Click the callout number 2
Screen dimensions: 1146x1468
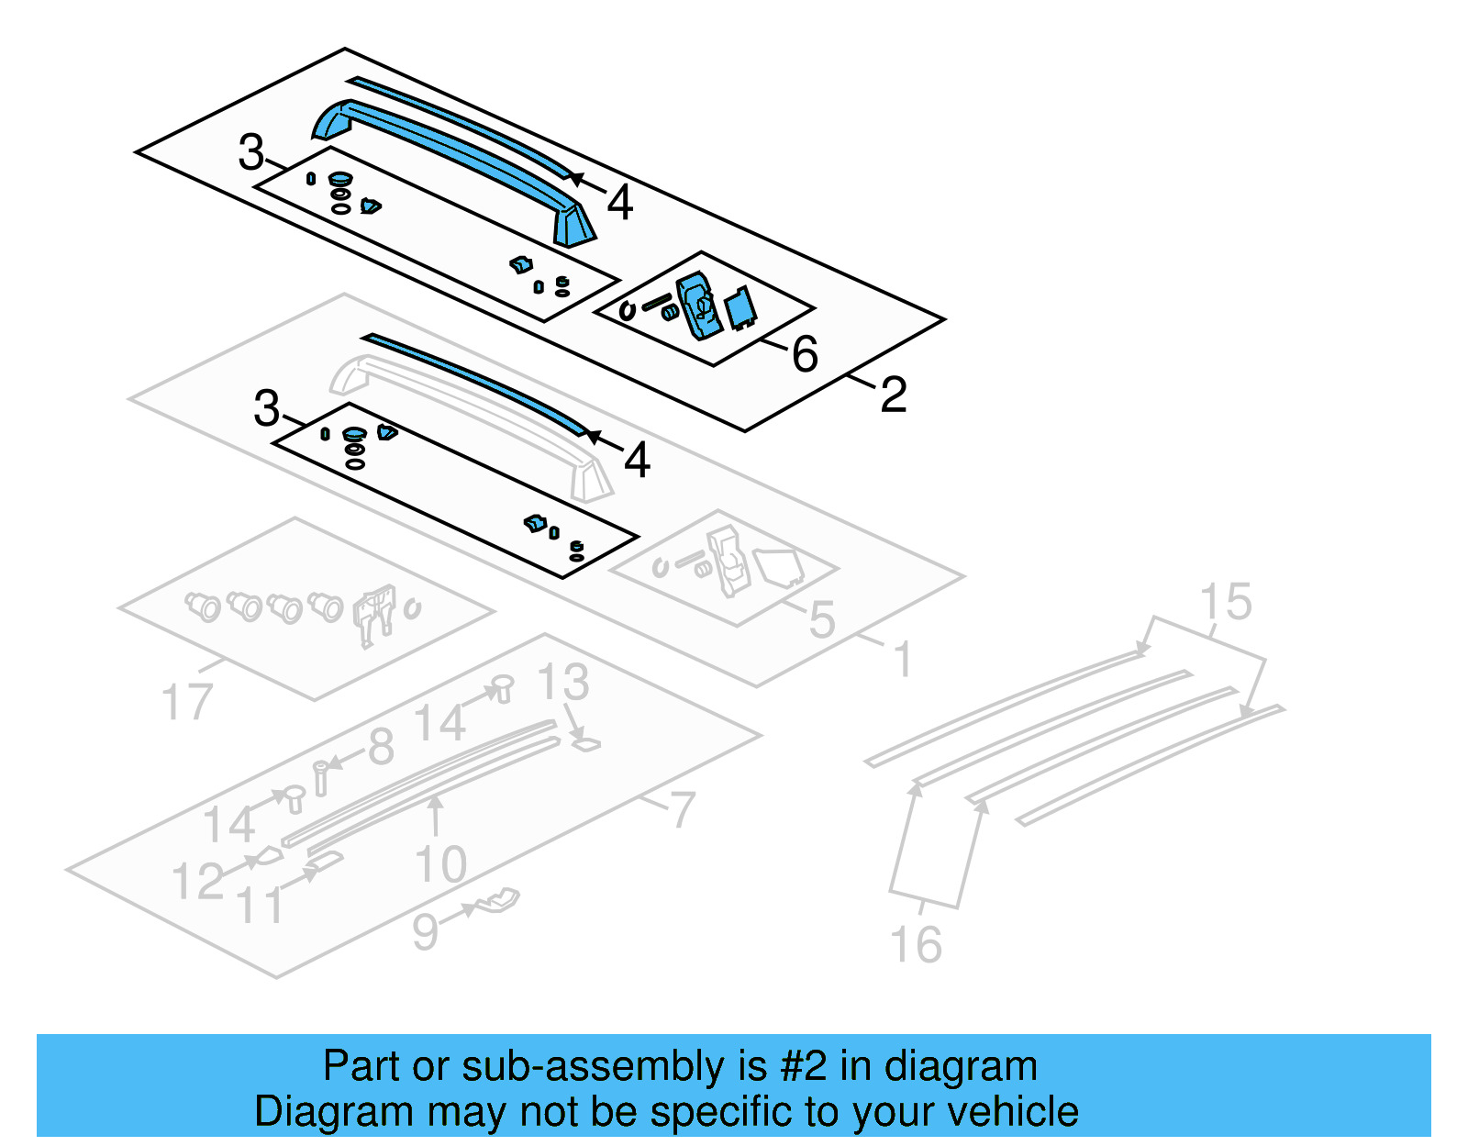[x=893, y=395]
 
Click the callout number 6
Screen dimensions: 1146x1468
[x=805, y=354]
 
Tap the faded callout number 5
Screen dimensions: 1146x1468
[x=822, y=619]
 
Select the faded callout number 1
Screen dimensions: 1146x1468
[x=903, y=660]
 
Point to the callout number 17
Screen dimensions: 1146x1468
[x=186, y=703]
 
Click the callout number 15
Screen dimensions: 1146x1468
[x=1226, y=602]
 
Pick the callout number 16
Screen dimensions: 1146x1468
[x=916, y=945]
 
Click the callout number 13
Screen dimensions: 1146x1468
[x=562, y=683]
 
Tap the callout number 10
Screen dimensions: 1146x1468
[x=441, y=864]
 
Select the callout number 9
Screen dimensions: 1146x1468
[x=425, y=931]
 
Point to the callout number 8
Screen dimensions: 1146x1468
[x=381, y=747]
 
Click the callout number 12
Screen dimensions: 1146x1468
[x=197, y=881]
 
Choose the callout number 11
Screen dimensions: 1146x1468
[x=261, y=906]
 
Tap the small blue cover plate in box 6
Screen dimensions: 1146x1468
[x=740, y=308]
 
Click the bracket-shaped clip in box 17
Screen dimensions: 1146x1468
[x=375, y=613]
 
